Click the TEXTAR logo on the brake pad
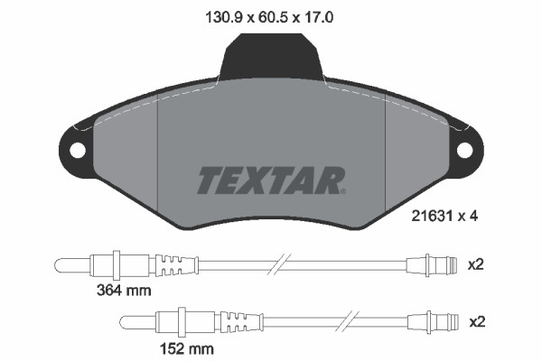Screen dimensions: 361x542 tap(270, 180)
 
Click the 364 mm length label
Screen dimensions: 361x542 tap(125, 291)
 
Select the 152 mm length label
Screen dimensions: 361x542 tap(188, 348)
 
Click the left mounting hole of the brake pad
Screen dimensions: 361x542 tap(73, 150)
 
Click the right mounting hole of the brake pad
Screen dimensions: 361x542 tap(466, 150)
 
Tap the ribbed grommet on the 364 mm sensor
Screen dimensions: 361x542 tap(175, 264)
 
